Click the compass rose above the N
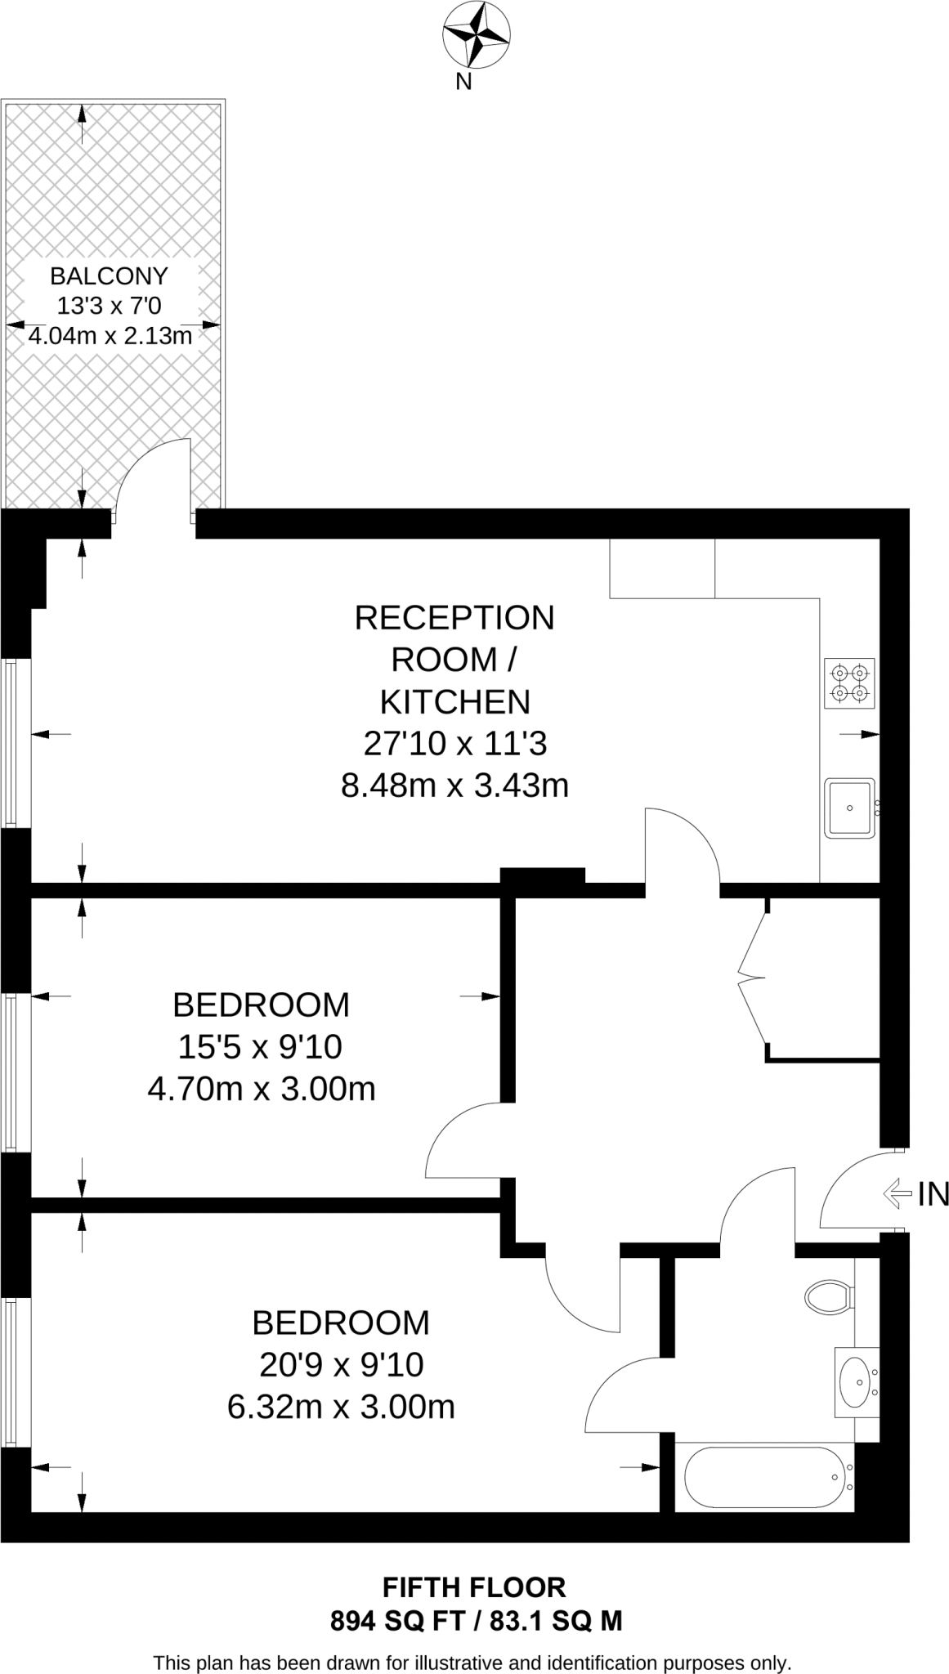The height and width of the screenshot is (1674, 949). [477, 34]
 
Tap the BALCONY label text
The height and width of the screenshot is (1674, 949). [109, 275]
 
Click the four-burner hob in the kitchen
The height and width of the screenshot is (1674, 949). [849, 683]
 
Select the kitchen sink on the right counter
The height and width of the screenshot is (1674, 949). [849, 808]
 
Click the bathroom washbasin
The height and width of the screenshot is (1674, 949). [856, 1382]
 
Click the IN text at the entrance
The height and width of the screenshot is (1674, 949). [933, 1195]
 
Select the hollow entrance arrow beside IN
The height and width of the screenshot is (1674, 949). [897, 1194]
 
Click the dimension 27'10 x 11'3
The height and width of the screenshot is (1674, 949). [454, 744]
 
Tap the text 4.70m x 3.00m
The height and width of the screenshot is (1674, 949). [261, 1089]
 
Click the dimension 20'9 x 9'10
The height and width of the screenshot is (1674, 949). [341, 1364]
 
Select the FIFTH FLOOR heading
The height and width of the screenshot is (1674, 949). [474, 1587]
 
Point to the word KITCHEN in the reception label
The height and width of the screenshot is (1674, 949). [454, 702]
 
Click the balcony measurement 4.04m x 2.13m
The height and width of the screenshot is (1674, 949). [110, 336]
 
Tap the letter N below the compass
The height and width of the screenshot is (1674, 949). [463, 82]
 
